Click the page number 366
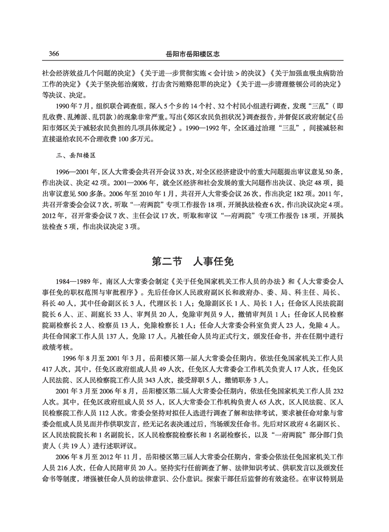(x=54, y=53)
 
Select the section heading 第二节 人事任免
(x=193, y=261)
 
